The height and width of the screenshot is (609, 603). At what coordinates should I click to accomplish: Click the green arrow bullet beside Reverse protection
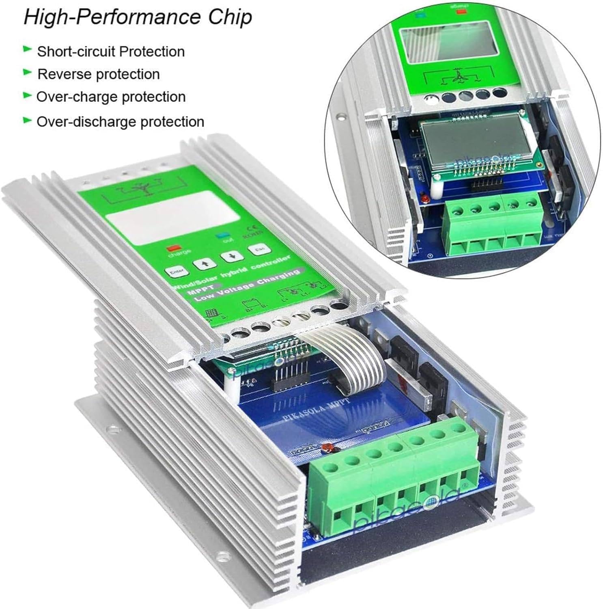click(28, 73)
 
